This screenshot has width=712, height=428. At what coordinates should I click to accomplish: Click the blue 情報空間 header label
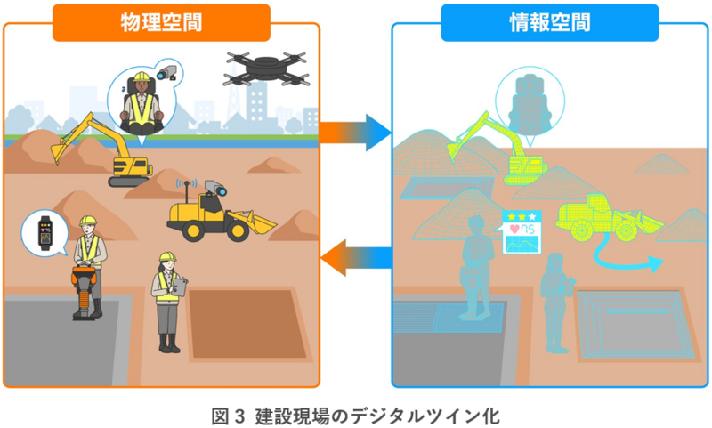click(549, 22)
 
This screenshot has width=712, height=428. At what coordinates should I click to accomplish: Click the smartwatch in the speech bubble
click(41, 233)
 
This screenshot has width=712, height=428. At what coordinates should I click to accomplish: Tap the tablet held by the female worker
click(181, 286)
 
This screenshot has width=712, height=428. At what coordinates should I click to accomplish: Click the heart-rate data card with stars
click(521, 230)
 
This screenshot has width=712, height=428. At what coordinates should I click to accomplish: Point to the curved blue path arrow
click(627, 257)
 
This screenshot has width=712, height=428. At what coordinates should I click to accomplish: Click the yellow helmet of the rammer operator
click(87, 222)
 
